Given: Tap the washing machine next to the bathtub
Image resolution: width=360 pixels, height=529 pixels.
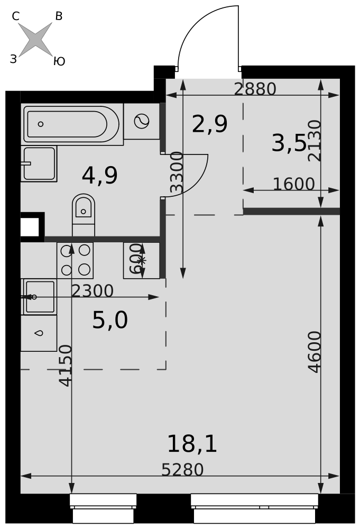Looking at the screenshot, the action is (x=142, y=121).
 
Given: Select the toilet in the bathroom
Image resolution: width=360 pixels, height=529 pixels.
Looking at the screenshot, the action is (x=83, y=215).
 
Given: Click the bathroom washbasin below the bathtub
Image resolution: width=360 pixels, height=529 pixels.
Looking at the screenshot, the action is (x=39, y=163).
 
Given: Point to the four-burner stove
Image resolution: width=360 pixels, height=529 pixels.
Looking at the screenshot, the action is (x=75, y=260).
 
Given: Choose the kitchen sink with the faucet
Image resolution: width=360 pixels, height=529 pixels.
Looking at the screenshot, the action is (x=39, y=297).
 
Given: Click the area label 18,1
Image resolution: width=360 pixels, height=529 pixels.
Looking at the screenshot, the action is (x=192, y=444).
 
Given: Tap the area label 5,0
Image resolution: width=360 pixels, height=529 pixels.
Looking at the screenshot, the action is (x=110, y=320).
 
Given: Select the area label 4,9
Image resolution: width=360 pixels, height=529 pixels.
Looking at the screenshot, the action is (x=100, y=176).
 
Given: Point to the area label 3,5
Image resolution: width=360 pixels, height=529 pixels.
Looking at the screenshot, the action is (x=289, y=143).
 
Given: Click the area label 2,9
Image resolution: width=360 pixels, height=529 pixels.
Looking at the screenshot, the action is (x=210, y=124).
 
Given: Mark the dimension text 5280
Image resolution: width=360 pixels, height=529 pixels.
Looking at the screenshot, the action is (x=182, y=470).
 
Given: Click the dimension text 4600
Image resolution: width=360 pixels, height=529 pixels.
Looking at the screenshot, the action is (x=315, y=352).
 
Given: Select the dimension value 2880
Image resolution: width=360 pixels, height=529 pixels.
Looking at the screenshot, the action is (x=255, y=89).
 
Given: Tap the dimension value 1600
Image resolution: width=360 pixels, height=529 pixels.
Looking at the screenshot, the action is (x=293, y=184).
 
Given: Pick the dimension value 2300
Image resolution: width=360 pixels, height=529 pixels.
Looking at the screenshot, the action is (x=93, y=291).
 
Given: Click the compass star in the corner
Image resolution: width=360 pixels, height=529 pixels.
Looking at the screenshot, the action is (x=35, y=40).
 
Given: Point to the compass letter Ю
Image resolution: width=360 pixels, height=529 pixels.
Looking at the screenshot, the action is (x=59, y=61).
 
